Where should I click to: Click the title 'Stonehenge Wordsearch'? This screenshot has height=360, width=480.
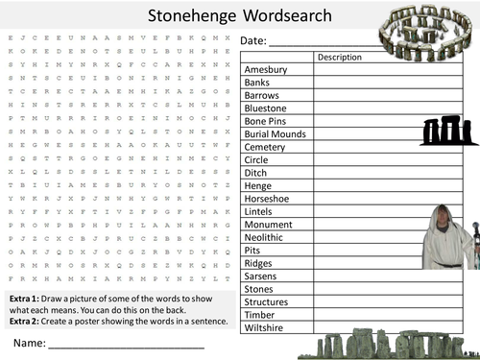click(x=240, y=15)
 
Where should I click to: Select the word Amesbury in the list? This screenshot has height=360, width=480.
click(x=266, y=70)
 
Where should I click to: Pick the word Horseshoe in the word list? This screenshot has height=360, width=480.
click(x=269, y=199)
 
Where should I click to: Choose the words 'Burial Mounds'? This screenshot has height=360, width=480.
click(x=276, y=134)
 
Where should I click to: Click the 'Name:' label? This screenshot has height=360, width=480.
click(x=28, y=342)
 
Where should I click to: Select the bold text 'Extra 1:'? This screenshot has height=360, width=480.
click(x=26, y=298)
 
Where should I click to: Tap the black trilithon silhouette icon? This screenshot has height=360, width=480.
click(x=442, y=132)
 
